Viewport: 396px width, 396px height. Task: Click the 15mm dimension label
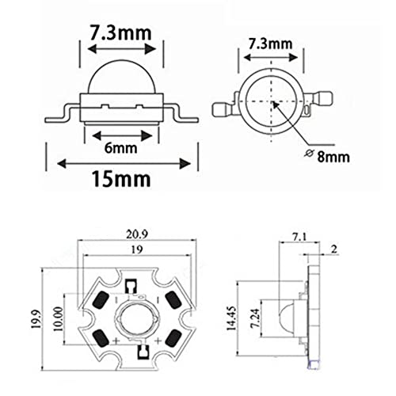(x=121, y=179)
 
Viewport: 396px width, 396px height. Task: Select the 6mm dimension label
(x=121, y=148)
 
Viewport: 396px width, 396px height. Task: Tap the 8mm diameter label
(x=333, y=157)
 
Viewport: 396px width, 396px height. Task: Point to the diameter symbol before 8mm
(x=309, y=153)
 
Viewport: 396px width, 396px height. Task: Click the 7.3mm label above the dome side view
(x=120, y=32)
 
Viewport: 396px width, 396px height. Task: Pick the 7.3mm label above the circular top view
(x=271, y=44)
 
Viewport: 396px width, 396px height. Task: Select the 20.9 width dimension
(x=137, y=234)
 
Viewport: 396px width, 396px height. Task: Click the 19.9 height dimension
(x=36, y=319)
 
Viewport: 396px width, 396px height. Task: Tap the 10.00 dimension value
(x=59, y=319)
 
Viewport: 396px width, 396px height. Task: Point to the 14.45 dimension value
(x=231, y=318)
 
